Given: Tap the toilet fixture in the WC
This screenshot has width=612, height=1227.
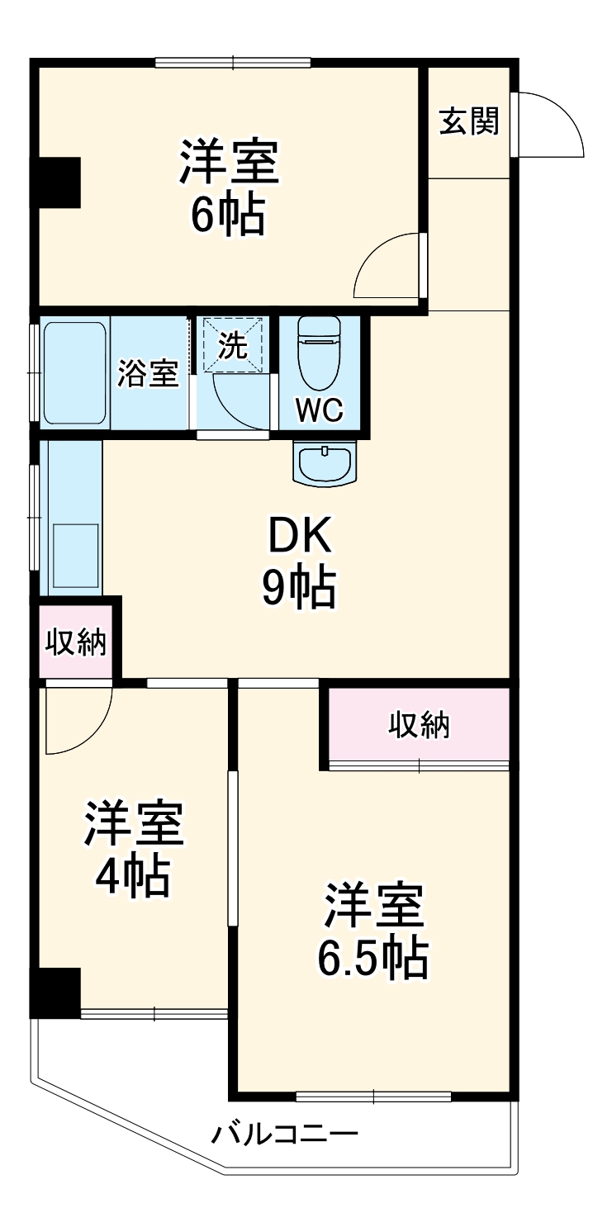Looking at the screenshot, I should pos(320,352).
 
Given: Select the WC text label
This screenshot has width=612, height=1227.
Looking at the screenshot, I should pos(320,410).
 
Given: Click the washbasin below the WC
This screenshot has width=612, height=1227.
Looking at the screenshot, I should pos(324,462).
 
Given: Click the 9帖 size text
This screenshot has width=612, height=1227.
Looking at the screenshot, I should pos(298,589).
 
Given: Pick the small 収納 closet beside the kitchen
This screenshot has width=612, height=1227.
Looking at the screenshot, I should pos(76,642).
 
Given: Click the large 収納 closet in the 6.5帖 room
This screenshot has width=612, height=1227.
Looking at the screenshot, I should pos(419,725).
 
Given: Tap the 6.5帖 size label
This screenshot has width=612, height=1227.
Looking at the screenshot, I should pos(373,958).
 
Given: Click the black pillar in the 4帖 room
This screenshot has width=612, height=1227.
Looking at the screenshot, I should pos(56,992).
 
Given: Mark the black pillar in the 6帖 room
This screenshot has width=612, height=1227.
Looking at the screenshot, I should pos(56,182).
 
